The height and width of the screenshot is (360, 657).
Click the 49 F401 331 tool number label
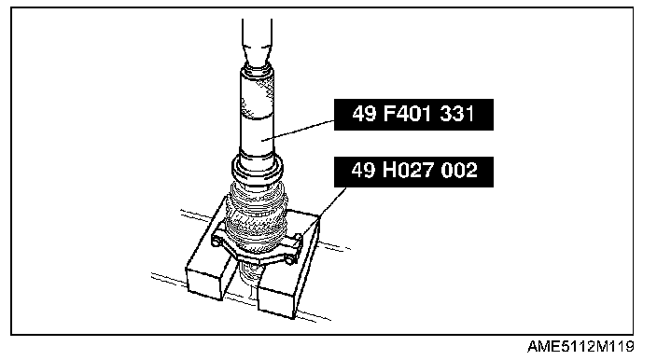(x=413, y=115)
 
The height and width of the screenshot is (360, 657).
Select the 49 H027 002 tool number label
(x=413, y=172)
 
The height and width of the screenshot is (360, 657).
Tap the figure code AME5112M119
(x=580, y=347)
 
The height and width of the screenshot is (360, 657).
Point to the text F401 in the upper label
(x=409, y=114)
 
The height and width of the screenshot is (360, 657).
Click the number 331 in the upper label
(x=456, y=114)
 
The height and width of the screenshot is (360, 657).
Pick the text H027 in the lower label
(x=409, y=171)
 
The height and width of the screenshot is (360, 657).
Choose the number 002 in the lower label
(x=459, y=171)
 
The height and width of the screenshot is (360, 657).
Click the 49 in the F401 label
(x=365, y=114)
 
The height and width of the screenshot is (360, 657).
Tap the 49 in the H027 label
(x=364, y=171)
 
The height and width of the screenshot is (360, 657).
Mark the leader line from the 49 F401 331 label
(x=298, y=131)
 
